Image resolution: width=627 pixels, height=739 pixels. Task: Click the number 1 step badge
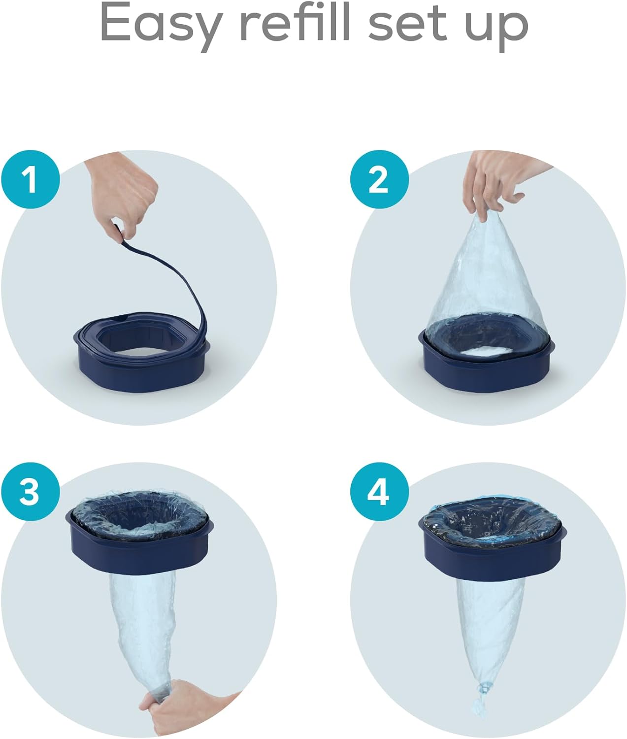coord(31,179)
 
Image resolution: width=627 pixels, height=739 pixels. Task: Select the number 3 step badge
coord(31,492)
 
